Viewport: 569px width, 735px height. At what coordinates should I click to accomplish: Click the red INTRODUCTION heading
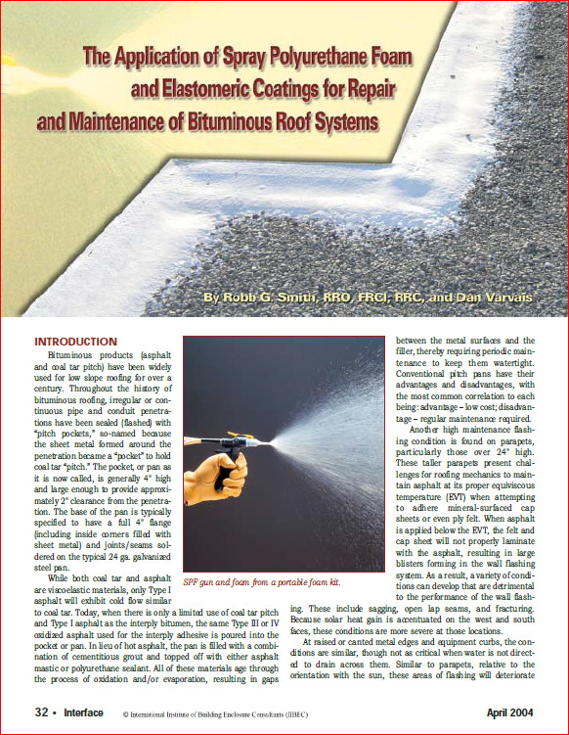[x=76, y=342]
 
